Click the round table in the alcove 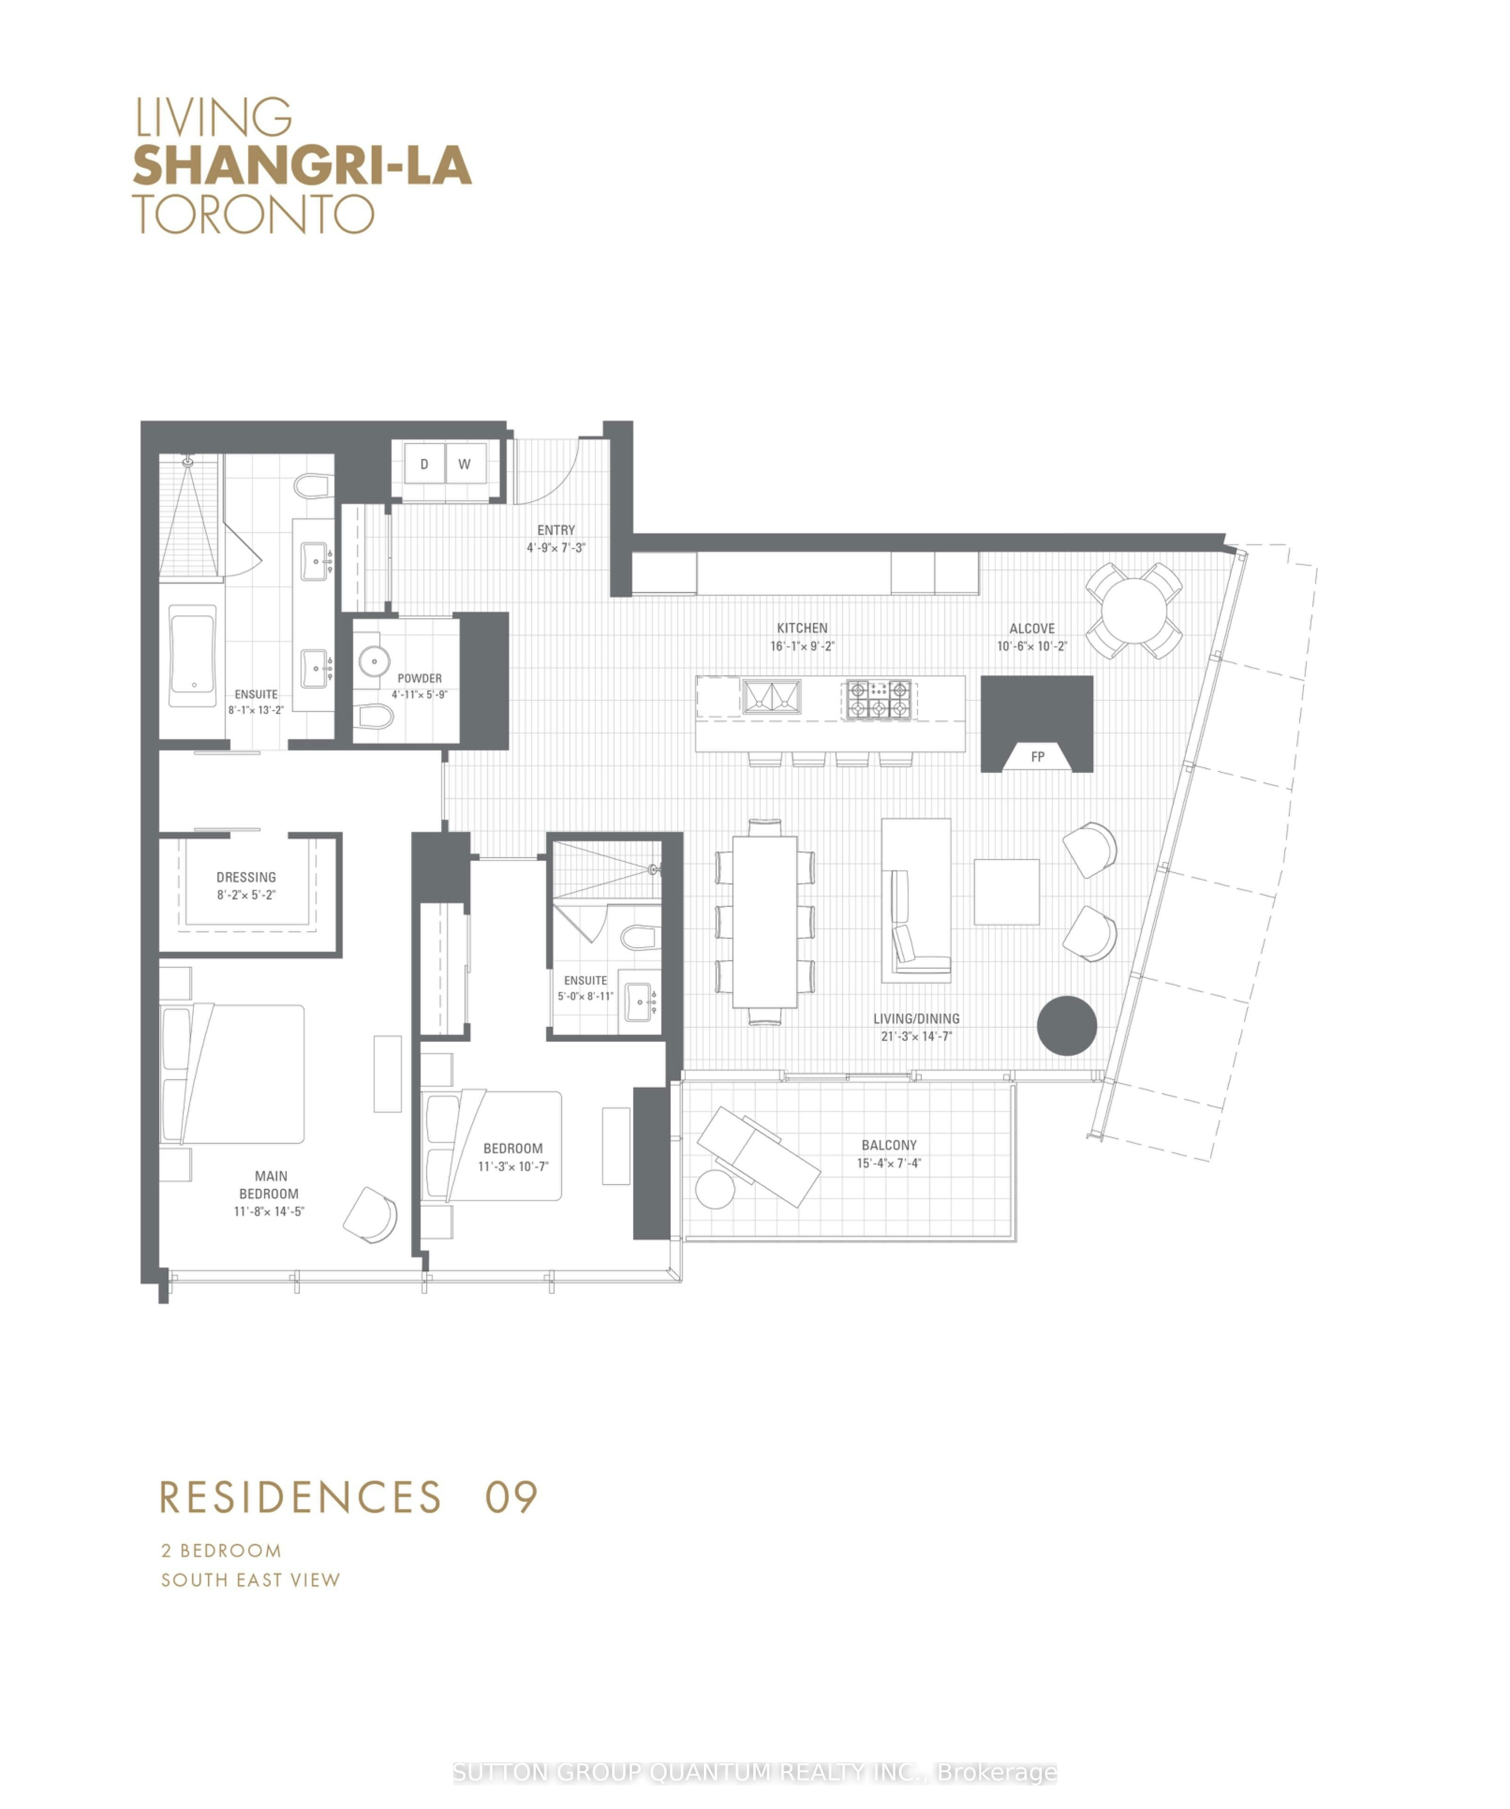tap(1133, 611)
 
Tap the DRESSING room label tap(246, 877)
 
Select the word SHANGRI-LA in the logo tap(302, 165)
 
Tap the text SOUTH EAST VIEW tap(251, 1580)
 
